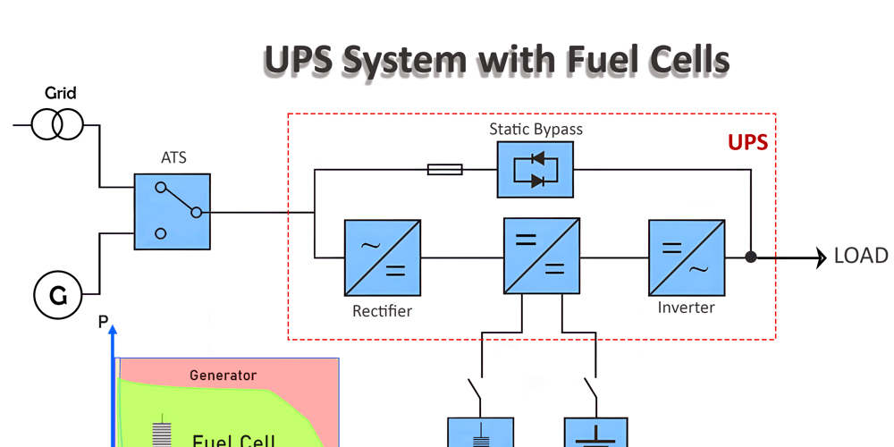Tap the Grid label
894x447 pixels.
point(61,93)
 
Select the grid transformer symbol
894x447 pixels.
point(57,124)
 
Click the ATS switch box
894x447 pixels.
point(173,212)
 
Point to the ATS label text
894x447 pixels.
point(173,159)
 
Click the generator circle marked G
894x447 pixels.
point(58,293)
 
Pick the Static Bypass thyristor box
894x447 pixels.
point(536,169)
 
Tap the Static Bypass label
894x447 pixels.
point(536,130)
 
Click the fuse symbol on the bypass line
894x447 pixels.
point(445,169)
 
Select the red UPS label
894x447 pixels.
point(747,143)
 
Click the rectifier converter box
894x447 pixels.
point(383,257)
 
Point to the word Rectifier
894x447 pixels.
point(383,311)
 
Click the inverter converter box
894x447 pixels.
point(686,257)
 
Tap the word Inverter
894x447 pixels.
point(686,308)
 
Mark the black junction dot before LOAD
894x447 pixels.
point(751,257)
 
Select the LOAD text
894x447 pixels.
point(861,257)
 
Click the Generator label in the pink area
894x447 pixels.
point(223,375)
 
